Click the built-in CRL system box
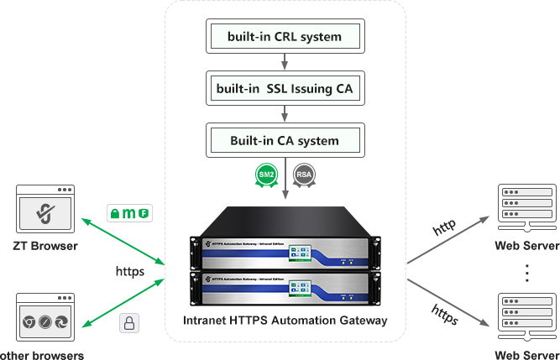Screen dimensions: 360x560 pos(285,37)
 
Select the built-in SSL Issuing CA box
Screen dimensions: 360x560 pos(285,88)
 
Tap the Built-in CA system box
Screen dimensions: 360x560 pos(285,140)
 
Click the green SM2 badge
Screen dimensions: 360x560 pos(267,175)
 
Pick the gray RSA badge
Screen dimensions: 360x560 pos(304,175)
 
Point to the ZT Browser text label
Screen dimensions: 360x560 pos(45,247)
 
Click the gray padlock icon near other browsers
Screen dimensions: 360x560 pos(128,323)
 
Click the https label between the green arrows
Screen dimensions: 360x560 pos(130,271)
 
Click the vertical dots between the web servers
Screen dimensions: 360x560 pos(527,273)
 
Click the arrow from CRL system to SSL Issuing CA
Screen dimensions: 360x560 pos(285,62)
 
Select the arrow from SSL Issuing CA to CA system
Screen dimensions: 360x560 pos(285,113)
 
